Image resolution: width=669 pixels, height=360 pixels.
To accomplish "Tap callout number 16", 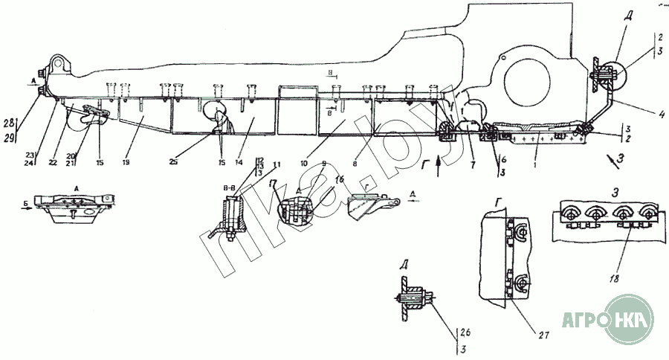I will [339, 179].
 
